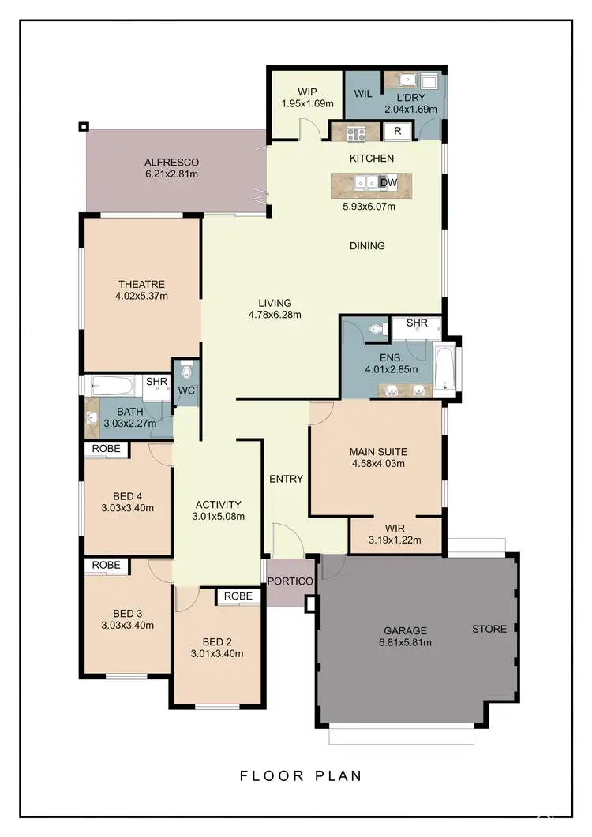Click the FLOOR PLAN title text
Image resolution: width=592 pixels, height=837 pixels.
pyautogui.click(x=301, y=775)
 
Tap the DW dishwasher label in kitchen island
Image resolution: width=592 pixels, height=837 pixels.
pyautogui.click(x=388, y=183)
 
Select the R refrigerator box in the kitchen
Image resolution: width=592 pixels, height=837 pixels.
pyautogui.click(x=398, y=131)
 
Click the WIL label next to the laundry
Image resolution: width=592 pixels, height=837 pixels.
pyautogui.click(x=363, y=94)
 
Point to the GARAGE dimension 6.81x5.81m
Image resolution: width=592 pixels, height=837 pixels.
pyautogui.click(x=405, y=642)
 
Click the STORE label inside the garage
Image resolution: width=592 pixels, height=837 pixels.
pyautogui.click(x=489, y=629)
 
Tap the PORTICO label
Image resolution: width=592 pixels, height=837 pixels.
pyautogui.click(x=290, y=581)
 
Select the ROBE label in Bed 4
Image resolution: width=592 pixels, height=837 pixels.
pyautogui.click(x=107, y=448)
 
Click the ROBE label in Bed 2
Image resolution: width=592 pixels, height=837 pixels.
pyautogui.click(x=238, y=596)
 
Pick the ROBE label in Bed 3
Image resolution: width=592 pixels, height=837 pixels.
pyautogui.click(x=107, y=565)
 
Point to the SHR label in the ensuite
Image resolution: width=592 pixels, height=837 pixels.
pyautogui.click(x=417, y=323)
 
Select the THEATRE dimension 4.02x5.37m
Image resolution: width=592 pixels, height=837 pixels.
pyautogui.click(x=141, y=297)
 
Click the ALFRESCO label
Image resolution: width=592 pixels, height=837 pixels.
pyautogui.click(x=171, y=162)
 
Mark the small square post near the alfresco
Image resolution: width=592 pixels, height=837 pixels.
pyautogui.click(x=84, y=126)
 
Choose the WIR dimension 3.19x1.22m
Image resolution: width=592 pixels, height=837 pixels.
pyautogui.click(x=395, y=540)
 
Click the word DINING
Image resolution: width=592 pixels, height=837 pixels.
pyautogui.click(x=367, y=246)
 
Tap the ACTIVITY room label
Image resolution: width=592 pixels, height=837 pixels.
pyautogui.click(x=218, y=505)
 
